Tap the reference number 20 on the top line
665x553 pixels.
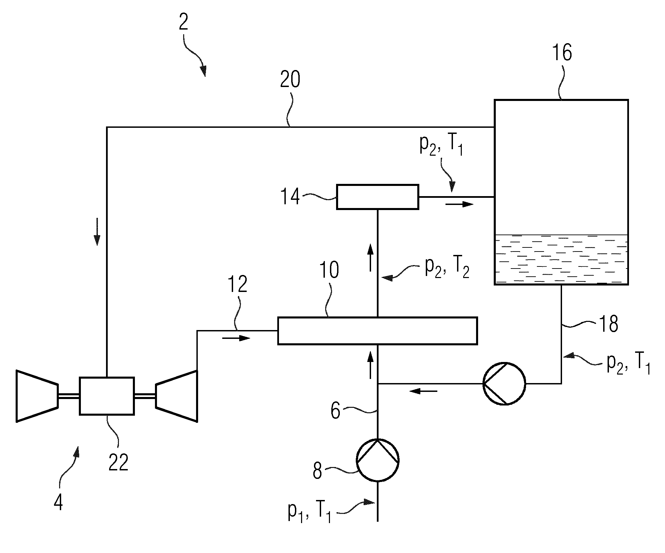[290, 80]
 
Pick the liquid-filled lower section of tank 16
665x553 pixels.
[561, 259]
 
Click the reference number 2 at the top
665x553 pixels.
[183, 23]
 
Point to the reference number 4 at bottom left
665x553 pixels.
[58, 502]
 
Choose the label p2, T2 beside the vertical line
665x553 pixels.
[447, 267]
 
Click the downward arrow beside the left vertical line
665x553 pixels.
[97, 231]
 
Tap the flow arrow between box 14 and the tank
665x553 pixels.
[459, 204]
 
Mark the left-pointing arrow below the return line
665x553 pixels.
[423, 391]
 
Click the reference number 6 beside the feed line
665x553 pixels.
[335, 411]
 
